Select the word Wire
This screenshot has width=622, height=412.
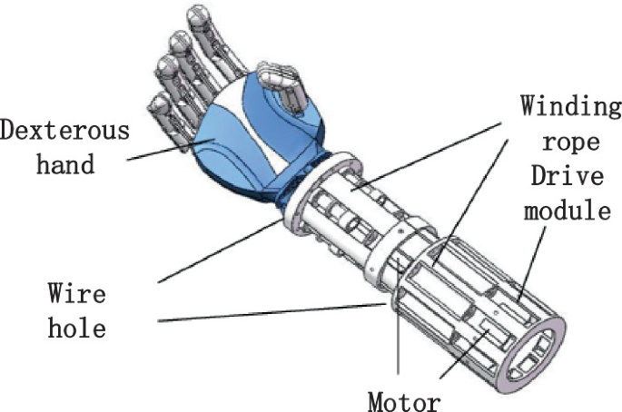coord(76,293)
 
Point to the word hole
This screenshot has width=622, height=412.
coord(76,326)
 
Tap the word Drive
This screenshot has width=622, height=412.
coord(570,179)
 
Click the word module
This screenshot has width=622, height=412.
coord(570,213)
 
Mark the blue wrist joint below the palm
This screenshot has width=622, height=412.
coord(300,181)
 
